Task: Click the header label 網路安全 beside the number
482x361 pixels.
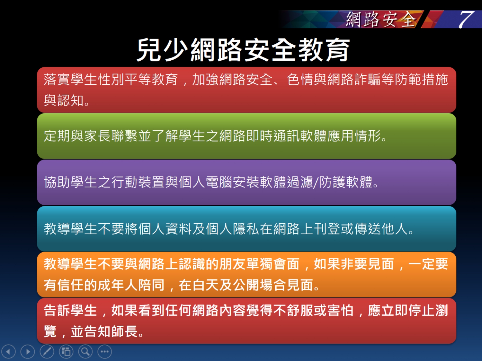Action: click(381, 20)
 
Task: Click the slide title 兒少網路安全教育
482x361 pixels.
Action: click(243, 50)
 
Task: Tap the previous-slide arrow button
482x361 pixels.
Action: click(9, 352)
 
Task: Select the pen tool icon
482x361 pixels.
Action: click(47, 352)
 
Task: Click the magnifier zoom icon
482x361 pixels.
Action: click(85, 352)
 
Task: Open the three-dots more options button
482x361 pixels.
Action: click(104, 352)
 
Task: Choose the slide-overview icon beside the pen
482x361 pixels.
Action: click(66, 352)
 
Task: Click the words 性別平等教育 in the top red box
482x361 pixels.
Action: click(138, 79)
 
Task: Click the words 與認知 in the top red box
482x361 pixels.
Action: click(64, 101)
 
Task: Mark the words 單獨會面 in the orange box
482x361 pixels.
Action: click(273, 264)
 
